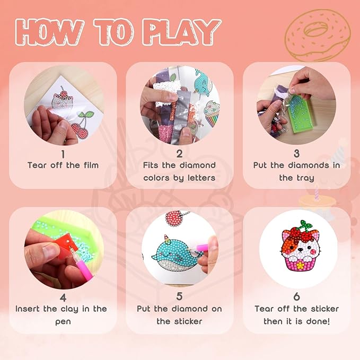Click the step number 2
(179, 154)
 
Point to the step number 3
(296, 154)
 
